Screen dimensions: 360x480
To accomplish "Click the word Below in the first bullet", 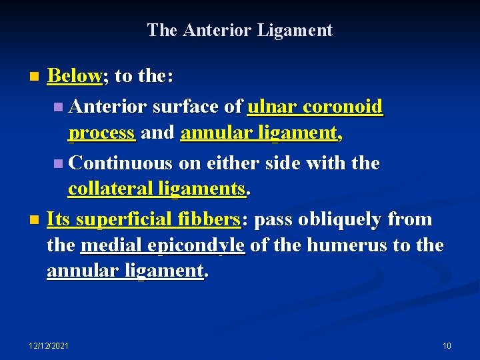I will (73, 76).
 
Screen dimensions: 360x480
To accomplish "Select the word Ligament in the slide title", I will (301, 30).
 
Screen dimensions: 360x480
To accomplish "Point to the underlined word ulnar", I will (273, 106).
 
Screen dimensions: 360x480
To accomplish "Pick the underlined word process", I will (102, 133).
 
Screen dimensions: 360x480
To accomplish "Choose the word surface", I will (183, 106).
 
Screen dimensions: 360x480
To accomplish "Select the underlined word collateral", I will (111, 189).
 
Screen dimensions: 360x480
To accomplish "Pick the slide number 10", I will (447, 345).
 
